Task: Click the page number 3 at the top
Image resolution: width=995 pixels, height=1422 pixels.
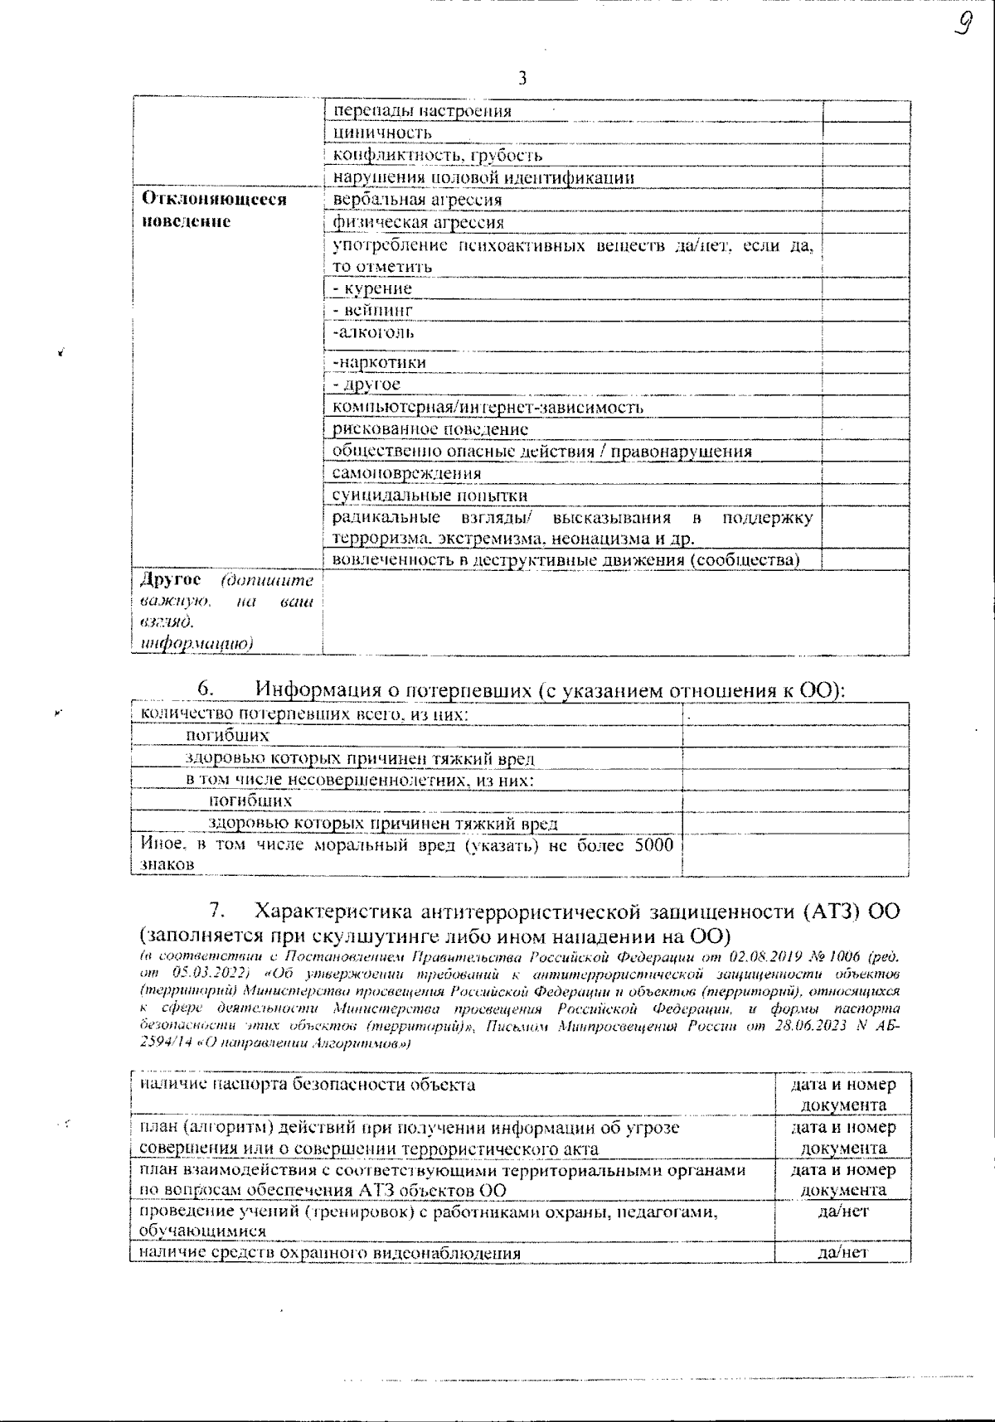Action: click(x=522, y=79)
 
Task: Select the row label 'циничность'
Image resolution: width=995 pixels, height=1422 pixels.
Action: click(x=382, y=133)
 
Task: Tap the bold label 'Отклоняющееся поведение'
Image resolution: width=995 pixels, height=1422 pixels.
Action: click(x=215, y=210)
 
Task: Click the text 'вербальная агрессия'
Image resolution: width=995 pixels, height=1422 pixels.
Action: click(x=417, y=200)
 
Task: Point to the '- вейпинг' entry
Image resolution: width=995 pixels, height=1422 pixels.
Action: click(x=372, y=310)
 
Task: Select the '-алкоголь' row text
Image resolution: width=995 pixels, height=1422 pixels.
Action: click(x=373, y=332)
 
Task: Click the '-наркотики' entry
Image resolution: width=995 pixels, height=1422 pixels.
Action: click(x=379, y=362)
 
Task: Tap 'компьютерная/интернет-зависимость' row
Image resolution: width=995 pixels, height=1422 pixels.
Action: click(x=488, y=407)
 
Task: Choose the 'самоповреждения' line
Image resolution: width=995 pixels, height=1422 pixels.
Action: click(x=406, y=473)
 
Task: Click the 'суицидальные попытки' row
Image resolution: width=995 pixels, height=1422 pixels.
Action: click(x=430, y=496)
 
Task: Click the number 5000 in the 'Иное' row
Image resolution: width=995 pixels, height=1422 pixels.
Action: click(x=653, y=845)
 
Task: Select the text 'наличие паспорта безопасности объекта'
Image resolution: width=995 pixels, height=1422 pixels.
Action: click(x=307, y=1085)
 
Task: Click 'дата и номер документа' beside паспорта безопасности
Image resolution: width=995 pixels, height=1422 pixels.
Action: click(x=842, y=1094)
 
